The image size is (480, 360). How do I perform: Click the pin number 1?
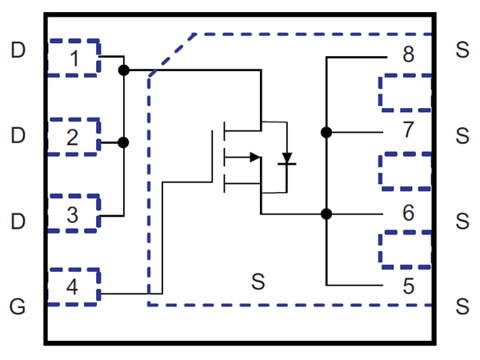coord(73,58)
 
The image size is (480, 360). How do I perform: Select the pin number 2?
coord(73,137)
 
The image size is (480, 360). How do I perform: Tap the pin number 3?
coord(73,214)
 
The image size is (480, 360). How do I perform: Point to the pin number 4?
coord(73,287)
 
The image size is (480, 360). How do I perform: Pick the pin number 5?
coord(408,286)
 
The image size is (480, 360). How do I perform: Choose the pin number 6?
coord(408,214)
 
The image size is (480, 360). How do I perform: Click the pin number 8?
coord(408,54)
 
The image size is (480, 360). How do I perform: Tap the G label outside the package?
coord(18,305)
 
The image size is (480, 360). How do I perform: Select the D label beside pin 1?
coord(18,51)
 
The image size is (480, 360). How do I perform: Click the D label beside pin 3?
coord(18,219)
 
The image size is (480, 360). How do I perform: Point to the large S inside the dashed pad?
coord(257,282)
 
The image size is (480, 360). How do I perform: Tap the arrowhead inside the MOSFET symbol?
coord(254,157)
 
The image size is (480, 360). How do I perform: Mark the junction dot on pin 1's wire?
coord(123,70)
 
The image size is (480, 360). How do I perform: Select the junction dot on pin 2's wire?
coord(123,142)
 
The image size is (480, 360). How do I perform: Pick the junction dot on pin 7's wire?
coord(326,132)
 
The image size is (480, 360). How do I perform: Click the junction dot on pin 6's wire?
coord(326,214)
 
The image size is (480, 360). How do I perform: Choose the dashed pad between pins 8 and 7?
coord(405,93)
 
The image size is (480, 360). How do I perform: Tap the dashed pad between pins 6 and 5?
coord(405,249)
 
